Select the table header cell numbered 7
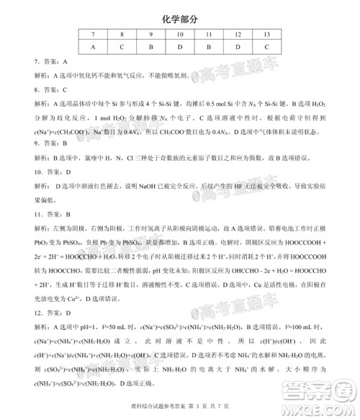tap(93, 34)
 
